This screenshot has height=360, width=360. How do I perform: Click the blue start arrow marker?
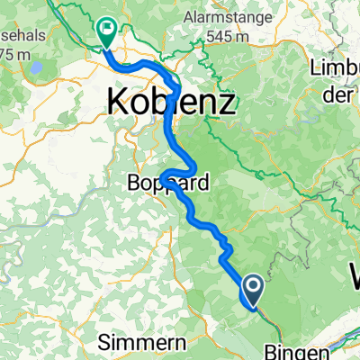[253, 289]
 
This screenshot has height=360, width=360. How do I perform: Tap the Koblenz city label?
[172, 100]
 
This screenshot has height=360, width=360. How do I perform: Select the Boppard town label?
[166, 183]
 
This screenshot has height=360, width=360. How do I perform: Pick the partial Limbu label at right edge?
[335, 69]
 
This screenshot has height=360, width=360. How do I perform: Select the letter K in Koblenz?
[119, 100]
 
